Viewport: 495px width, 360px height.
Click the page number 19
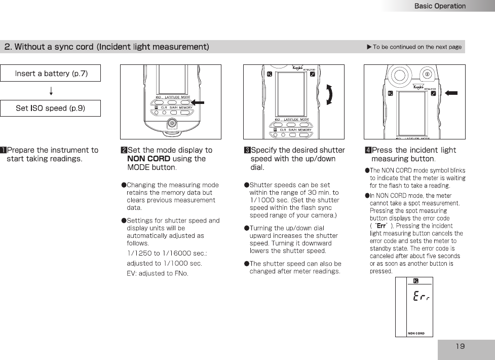(x=460, y=346)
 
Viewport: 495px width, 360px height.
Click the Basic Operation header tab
(x=439, y=6)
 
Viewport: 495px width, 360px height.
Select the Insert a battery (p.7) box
(x=51, y=74)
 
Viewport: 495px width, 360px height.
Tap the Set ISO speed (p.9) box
(x=50, y=108)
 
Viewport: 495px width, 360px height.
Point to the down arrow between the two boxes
(x=51, y=91)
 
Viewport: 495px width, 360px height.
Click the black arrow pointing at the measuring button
(x=450, y=93)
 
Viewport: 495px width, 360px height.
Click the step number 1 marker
(x=4, y=150)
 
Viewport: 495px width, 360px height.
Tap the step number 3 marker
(x=247, y=150)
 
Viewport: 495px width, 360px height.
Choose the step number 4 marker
(x=368, y=150)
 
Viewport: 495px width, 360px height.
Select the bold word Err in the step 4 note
(x=382, y=226)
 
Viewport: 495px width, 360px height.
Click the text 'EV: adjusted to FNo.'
(x=157, y=273)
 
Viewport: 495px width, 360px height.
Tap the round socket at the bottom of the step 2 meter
(x=172, y=124)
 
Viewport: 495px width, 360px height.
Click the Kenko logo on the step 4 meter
(x=418, y=87)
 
